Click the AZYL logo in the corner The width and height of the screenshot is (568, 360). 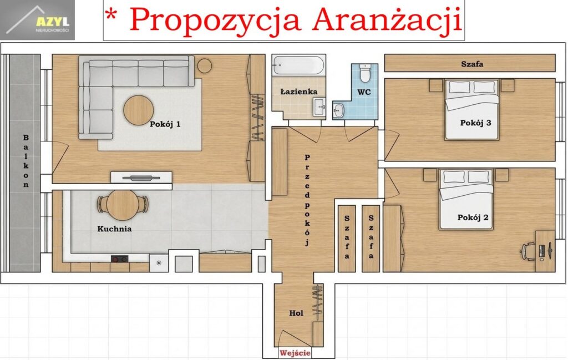(38, 20)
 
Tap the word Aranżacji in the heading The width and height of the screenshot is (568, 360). (387, 21)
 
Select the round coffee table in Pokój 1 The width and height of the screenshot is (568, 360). (138, 110)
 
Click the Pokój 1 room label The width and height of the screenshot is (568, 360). (165, 124)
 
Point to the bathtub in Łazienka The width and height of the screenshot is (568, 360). (298, 65)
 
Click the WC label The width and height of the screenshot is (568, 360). (364, 92)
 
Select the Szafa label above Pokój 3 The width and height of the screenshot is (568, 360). (472, 64)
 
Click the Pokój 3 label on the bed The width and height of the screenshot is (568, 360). (475, 123)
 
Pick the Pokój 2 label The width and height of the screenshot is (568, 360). (473, 217)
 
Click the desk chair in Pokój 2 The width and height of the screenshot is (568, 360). (528, 251)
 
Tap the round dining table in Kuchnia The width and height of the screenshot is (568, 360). (123, 205)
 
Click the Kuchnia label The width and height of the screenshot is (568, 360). (114, 229)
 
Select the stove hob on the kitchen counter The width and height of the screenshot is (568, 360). (120, 259)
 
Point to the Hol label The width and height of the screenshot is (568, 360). (296, 313)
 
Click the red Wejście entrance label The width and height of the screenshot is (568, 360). (295, 353)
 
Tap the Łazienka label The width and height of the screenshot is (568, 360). (299, 92)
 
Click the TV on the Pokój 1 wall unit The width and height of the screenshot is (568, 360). (141, 178)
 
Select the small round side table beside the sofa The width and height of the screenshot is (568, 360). (205, 65)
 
